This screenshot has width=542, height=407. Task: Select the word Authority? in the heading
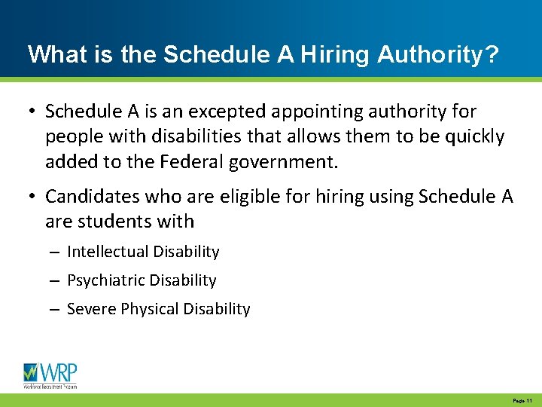click(x=438, y=54)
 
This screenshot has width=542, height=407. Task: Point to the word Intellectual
click(x=105, y=252)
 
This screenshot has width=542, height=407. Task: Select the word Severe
click(x=88, y=309)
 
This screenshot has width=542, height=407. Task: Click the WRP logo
click(x=50, y=375)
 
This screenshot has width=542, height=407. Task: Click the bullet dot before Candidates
click(x=32, y=197)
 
